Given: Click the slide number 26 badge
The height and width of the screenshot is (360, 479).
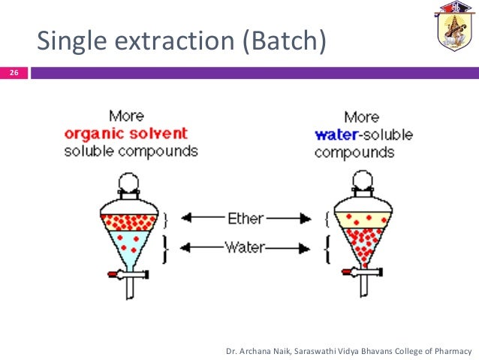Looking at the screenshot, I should tap(14, 74).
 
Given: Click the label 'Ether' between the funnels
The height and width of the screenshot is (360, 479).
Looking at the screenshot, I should tap(246, 218).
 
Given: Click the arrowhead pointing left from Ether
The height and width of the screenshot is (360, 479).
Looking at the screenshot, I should tap(186, 218).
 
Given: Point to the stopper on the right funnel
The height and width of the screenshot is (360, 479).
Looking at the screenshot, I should tap(365, 180).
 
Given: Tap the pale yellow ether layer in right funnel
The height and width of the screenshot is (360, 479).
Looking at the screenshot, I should tap(365, 219).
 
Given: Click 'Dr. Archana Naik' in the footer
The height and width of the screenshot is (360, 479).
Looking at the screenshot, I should tap(259, 351).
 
